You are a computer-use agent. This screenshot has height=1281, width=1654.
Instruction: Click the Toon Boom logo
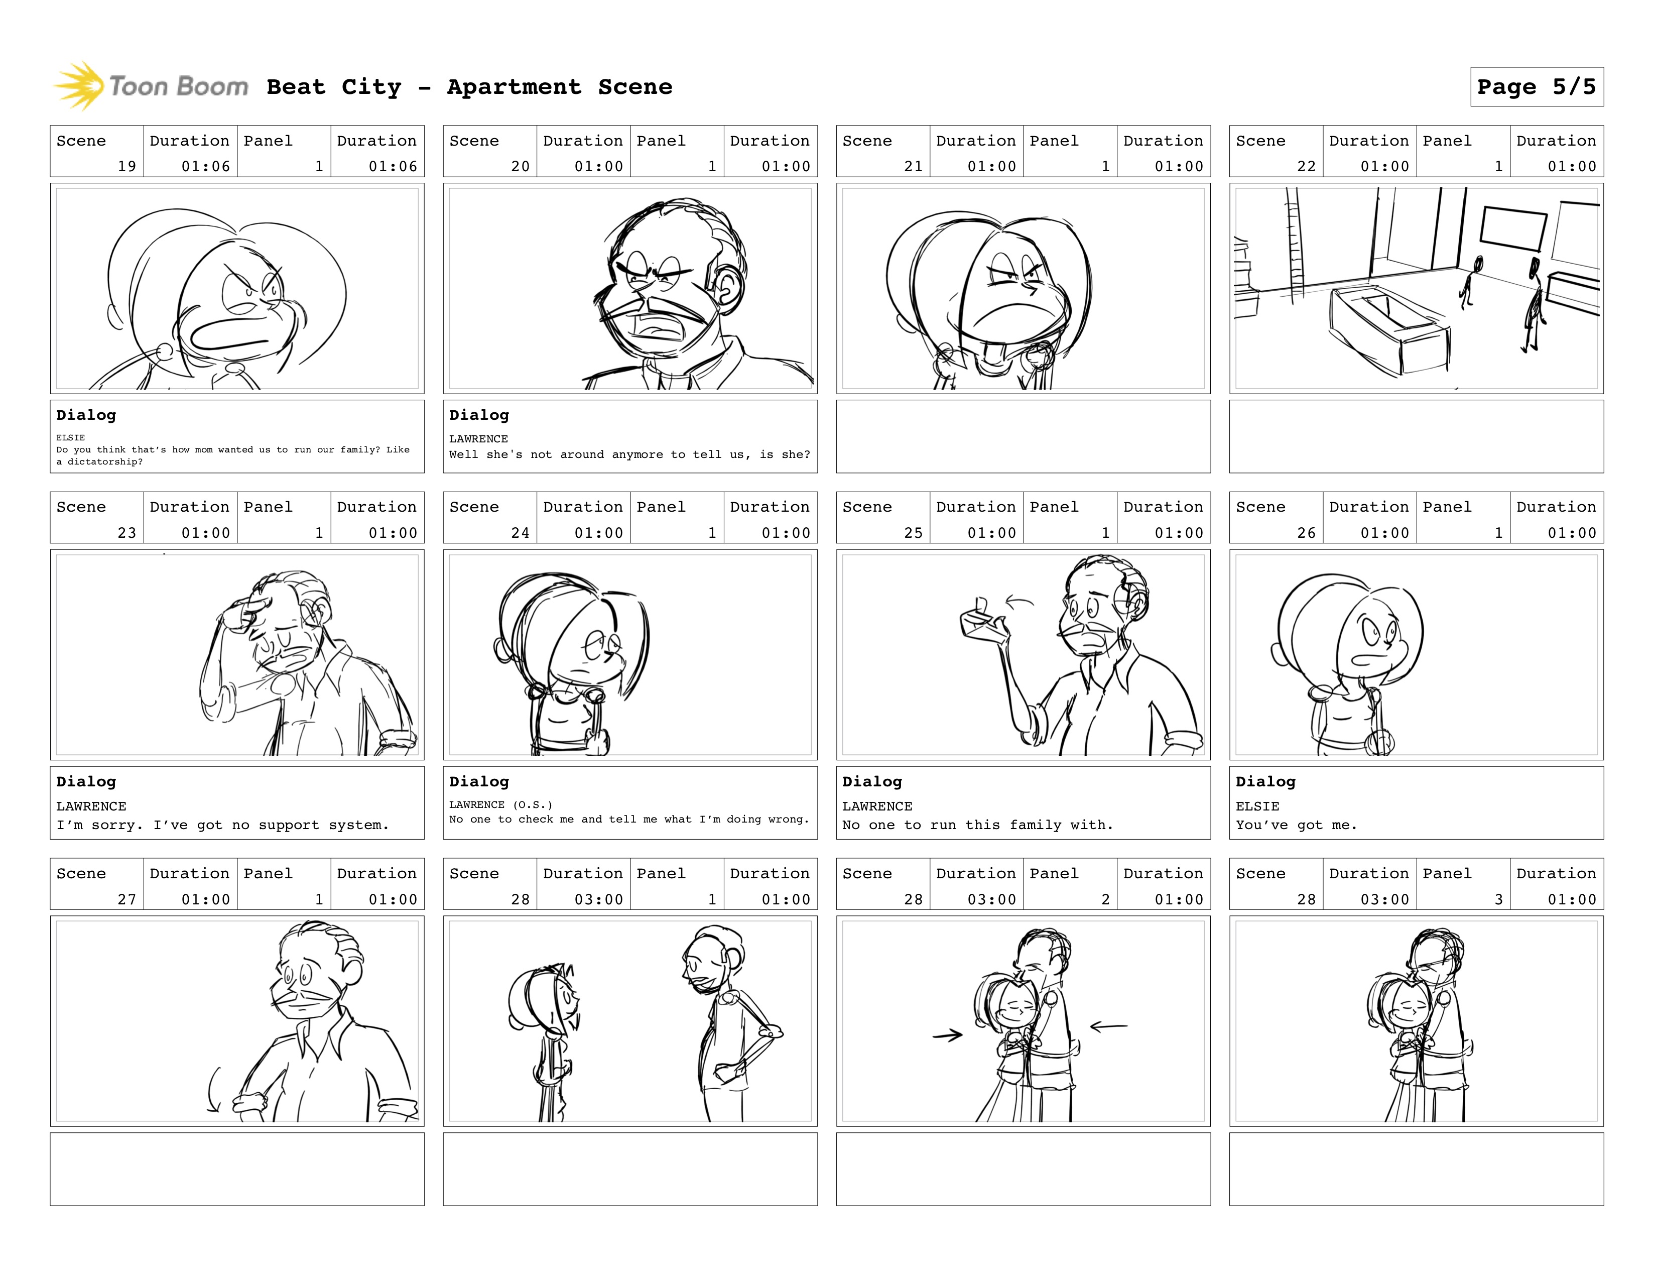pyautogui.click(x=151, y=85)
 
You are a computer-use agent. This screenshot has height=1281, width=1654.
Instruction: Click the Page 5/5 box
pyautogui.click(x=1537, y=86)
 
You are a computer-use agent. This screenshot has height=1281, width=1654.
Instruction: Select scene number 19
pyautogui.click(x=126, y=166)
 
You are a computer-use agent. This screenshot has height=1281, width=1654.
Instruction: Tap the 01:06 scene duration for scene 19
pyautogui.click(x=205, y=166)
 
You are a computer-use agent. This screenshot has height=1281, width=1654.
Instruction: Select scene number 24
pyautogui.click(x=520, y=533)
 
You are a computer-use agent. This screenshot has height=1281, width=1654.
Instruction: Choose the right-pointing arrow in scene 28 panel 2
pyautogui.click(x=947, y=1035)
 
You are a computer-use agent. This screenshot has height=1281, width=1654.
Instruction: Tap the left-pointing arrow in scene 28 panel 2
pyautogui.click(x=1109, y=1026)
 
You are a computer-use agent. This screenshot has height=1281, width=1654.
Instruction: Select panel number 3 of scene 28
pyautogui.click(x=1498, y=899)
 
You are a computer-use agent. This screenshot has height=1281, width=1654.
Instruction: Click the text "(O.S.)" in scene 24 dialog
pyautogui.click(x=533, y=804)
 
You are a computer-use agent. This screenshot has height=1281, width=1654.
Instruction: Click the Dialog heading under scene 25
pyautogui.click(x=872, y=781)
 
